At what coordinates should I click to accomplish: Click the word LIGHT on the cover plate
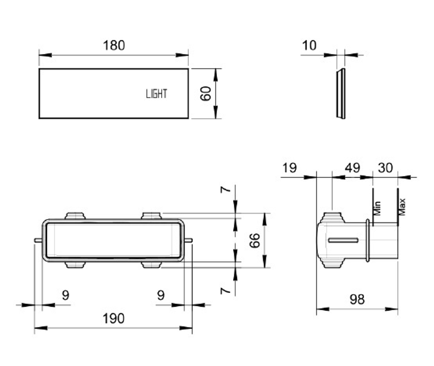[x=156, y=93]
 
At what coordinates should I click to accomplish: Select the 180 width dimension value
[x=114, y=45]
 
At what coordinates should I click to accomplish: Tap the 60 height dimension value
[x=206, y=93]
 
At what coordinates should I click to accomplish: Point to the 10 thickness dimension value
[x=310, y=45]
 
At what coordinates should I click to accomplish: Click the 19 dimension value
[x=289, y=168]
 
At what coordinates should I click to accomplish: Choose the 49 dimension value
[x=352, y=168]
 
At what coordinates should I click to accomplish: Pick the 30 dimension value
[x=385, y=168]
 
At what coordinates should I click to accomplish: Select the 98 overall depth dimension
[x=357, y=299]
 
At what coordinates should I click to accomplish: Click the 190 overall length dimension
[x=113, y=318]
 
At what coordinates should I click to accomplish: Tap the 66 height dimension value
[x=255, y=241]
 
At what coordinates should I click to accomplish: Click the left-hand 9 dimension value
[x=65, y=295]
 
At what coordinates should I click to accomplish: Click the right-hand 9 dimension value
[x=161, y=295]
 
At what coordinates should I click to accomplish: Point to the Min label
[x=377, y=208]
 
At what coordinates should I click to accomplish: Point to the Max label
[x=402, y=207]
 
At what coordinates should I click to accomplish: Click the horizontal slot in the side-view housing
[x=343, y=241]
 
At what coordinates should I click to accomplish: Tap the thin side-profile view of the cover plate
[x=341, y=93]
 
